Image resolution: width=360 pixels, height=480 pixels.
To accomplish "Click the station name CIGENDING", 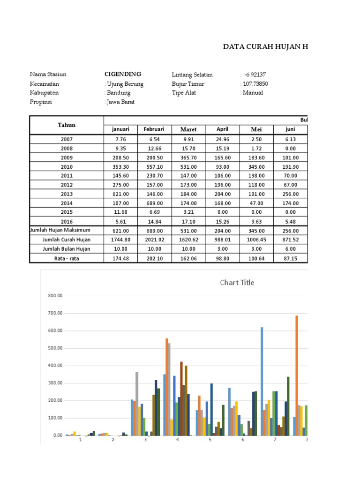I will point(122,74).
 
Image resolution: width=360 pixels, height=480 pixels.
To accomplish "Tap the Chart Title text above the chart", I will point(237,282).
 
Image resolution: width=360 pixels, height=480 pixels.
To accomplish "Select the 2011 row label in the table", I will point(67,176).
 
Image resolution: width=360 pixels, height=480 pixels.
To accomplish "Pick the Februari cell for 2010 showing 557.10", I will point(154,167).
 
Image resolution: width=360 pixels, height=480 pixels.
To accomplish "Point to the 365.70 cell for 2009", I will point(188,157).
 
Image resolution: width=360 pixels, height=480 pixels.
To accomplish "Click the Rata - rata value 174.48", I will point(120,258).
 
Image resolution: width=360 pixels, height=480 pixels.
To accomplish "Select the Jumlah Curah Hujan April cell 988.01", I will point(222,240).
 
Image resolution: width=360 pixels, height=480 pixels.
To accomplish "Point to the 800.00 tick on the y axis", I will point(55,296).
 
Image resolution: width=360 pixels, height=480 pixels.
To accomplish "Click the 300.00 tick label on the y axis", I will point(55,383).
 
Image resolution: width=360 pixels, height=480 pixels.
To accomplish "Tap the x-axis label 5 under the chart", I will point(210,440).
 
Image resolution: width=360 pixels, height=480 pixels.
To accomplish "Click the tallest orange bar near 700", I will point(297,375).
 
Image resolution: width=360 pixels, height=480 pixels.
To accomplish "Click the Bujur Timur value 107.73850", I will point(255,84).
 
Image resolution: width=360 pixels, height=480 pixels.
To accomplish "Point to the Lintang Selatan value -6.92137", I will point(257,75).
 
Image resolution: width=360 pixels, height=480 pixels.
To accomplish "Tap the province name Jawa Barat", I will point(121,102).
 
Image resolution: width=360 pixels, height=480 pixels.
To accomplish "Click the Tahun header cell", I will point(67,125).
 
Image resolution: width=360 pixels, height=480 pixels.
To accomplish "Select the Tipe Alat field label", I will point(184,93).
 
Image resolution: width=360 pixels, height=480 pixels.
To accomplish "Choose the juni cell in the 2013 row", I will point(291,194).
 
